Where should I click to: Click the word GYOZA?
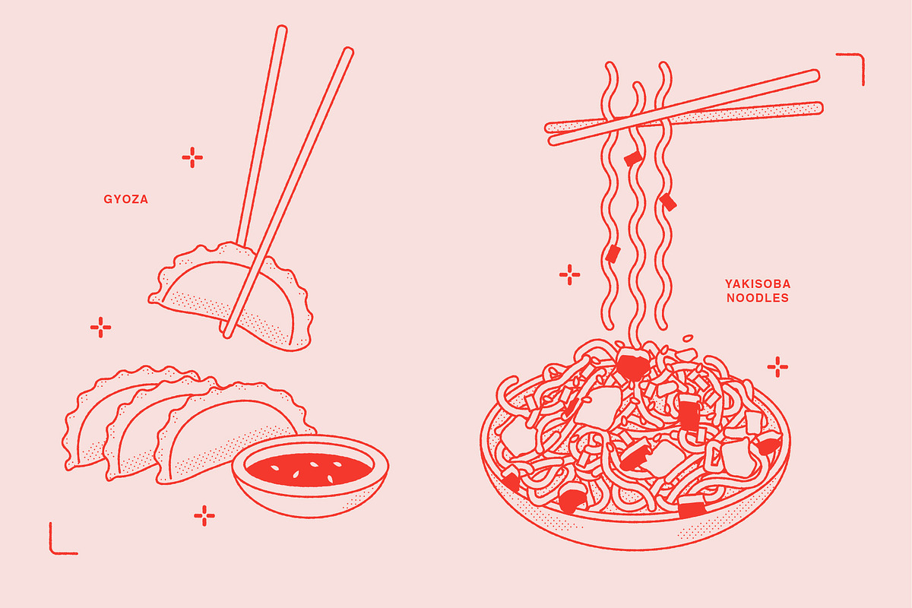[x=126, y=199]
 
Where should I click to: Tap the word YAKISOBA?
[x=758, y=283]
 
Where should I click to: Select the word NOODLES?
[x=758, y=298]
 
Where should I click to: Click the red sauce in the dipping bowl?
[x=310, y=469]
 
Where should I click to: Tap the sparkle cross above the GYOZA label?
[x=192, y=157]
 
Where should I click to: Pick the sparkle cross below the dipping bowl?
[x=204, y=516]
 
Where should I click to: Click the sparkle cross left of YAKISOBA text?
[x=569, y=274]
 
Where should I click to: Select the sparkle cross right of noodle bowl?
[x=777, y=367]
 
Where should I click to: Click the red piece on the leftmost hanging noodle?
[x=613, y=254]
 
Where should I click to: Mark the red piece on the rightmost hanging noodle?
[x=668, y=202]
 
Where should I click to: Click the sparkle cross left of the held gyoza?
[x=100, y=328]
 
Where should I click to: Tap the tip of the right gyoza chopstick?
[x=227, y=336]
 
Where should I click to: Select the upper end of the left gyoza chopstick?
[x=282, y=28]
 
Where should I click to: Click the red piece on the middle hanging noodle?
[x=634, y=159]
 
